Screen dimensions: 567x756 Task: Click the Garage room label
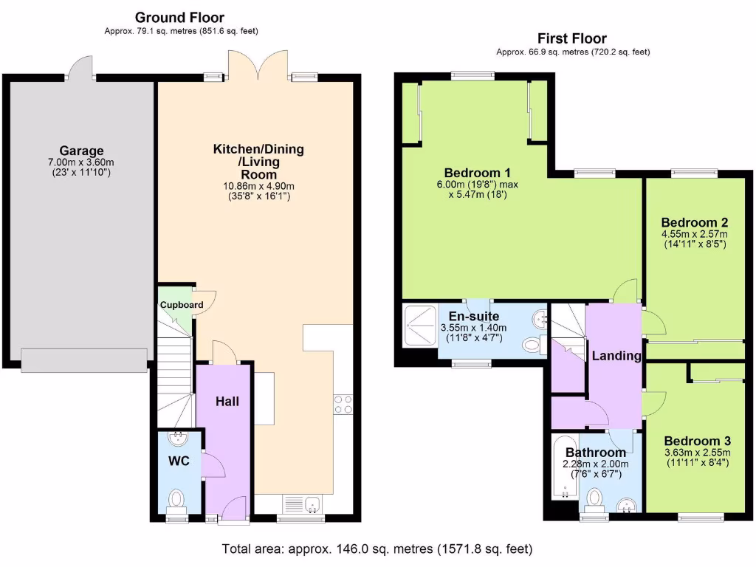[81, 151]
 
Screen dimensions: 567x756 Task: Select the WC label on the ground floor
[179, 461]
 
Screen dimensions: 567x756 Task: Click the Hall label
[226, 402]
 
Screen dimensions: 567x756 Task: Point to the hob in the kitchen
[343, 405]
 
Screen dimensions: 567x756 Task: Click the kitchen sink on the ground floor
[303, 504]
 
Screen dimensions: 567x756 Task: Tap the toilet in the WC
[176, 501]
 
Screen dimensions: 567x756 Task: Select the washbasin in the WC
[178, 440]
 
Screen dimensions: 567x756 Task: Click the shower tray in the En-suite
[419, 322]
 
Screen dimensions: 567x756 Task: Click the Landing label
[616, 356]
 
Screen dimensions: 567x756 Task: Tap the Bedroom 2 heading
[694, 222]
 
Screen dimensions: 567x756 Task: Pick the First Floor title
[573, 38]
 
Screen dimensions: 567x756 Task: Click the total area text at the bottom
[377, 549]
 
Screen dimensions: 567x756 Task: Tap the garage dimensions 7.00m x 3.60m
[81, 162]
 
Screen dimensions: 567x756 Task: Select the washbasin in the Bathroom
[627, 505]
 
